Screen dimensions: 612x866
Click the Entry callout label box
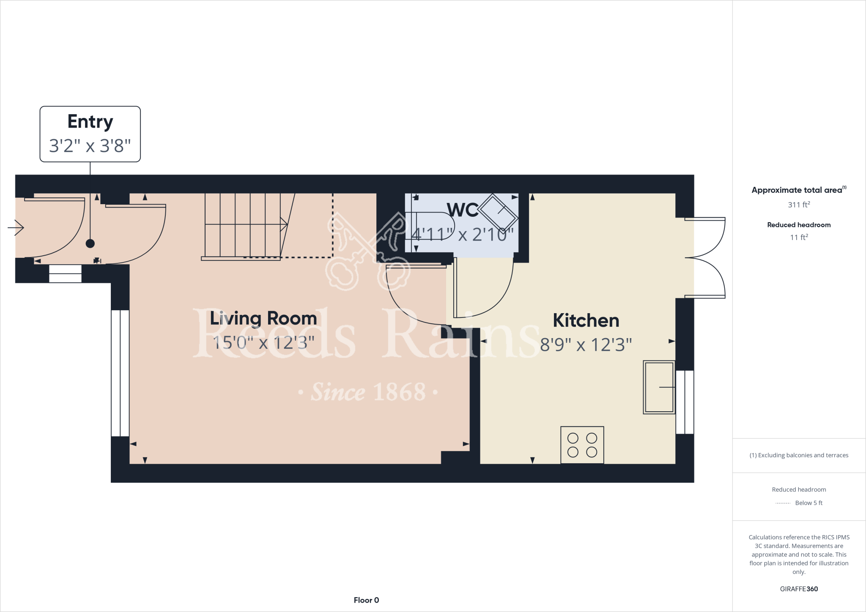90,134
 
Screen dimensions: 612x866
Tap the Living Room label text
263,318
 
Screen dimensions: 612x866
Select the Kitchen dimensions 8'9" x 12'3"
586,345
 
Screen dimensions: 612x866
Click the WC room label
463,210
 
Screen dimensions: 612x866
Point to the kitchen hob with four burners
582,445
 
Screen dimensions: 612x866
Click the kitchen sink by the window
658,387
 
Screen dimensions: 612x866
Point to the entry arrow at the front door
16,228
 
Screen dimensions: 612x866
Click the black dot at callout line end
90,243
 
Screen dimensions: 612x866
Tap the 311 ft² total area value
798,205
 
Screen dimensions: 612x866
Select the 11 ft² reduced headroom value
798,238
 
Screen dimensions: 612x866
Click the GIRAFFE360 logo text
798,589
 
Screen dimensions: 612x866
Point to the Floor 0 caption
366,600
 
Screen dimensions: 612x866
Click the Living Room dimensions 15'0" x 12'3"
263,342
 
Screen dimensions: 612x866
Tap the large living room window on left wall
120,373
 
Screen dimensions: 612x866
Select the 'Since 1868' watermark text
368,392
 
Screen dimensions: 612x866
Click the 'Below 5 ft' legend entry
808,503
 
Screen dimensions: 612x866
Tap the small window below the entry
65,274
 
